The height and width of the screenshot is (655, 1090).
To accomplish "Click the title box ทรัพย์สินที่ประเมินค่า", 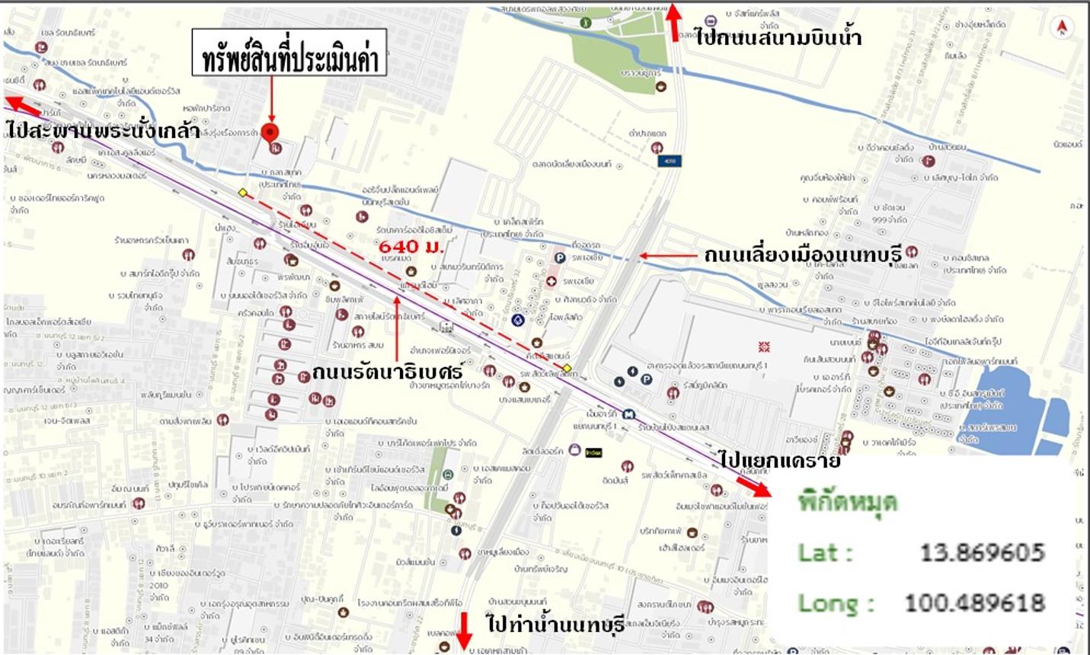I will point(289,53).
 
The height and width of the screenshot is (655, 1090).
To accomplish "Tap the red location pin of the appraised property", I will point(270,132).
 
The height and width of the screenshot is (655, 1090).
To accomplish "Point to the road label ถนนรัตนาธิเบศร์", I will point(387,372).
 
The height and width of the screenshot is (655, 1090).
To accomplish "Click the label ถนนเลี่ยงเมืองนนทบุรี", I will point(802,254).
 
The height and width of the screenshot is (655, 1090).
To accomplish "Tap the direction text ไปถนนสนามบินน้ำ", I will point(778,37).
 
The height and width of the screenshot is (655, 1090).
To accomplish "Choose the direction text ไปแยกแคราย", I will point(779,460).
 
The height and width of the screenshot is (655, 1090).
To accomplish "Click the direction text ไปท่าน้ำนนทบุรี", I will point(556,624).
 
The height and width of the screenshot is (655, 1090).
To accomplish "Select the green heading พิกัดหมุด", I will point(847,503).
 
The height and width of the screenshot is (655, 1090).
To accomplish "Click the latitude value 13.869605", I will point(982,552).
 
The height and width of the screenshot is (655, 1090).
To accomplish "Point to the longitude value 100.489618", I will point(974,603).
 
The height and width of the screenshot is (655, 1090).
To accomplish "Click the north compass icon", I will point(1061,28).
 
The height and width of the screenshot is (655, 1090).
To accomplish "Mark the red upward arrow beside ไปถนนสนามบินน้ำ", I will point(673,21).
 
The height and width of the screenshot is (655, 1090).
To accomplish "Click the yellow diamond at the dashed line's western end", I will point(242,193).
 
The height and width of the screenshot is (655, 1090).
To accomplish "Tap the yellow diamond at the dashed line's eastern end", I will point(567,368).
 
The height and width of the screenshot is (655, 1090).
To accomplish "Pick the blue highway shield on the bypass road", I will point(670,161).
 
